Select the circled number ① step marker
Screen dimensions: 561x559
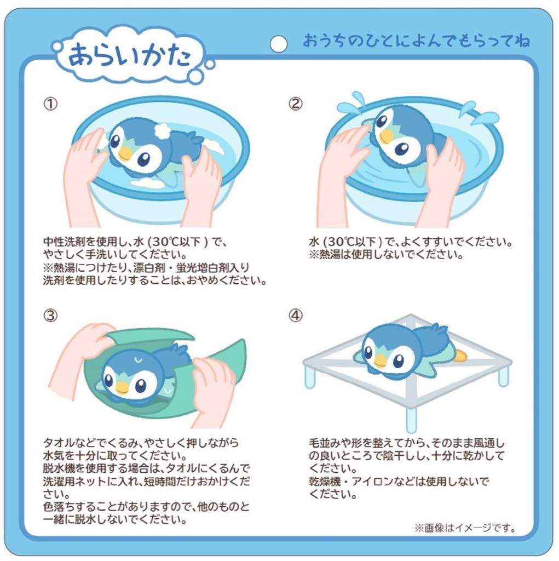pos(50,104)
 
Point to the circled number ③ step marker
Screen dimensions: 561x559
pos(50,316)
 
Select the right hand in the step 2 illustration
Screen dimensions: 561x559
pos(443,181)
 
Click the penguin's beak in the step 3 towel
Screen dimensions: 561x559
pos(122,387)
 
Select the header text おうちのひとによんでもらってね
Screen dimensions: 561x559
pos(416,42)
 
